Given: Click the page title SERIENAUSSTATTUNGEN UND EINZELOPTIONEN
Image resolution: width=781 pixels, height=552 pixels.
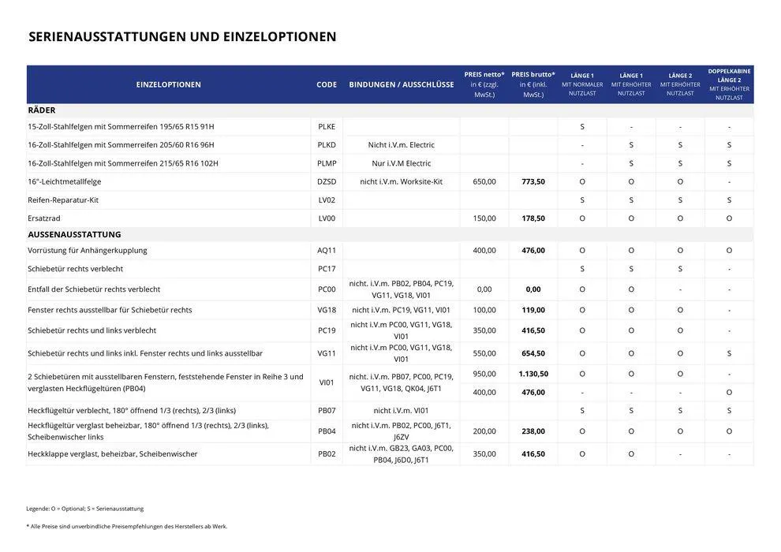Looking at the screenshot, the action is pyautogui.click(x=182, y=37).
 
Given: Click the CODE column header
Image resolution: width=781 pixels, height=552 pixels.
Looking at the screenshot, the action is pyautogui.click(x=327, y=84).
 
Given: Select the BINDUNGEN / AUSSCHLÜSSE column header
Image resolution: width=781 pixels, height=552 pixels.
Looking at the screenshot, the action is pyautogui.click(x=402, y=84).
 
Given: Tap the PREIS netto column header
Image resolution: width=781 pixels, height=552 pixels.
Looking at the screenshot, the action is pyautogui.click(x=484, y=84).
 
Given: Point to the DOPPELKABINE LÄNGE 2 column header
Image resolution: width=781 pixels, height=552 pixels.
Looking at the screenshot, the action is pyautogui.click(x=729, y=84).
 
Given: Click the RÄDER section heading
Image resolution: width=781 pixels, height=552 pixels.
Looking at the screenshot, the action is pyautogui.click(x=42, y=110).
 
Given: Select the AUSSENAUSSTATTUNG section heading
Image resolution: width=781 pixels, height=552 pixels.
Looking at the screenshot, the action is pyautogui.click(x=74, y=234).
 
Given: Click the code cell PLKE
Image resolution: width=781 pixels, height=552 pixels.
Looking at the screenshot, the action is pyautogui.click(x=327, y=127).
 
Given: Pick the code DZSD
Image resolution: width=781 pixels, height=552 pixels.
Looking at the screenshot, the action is pyautogui.click(x=327, y=181).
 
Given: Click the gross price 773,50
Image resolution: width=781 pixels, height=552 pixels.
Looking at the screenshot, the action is pyautogui.click(x=533, y=181).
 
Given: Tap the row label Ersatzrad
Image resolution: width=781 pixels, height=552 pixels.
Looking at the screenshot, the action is pyautogui.click(x=44, y=218).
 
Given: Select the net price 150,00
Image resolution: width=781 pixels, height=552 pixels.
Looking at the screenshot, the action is pyautogui.click(x=484, y=218).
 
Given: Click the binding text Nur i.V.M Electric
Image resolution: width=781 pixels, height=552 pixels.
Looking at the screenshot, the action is pyautogui.click(x=402, y=163).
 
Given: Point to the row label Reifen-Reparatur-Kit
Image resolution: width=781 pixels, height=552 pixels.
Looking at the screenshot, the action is pyautogui.click(x=63, y=200).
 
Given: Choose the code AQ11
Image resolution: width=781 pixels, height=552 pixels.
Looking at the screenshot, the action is pyautogui.click(x=327, y=251).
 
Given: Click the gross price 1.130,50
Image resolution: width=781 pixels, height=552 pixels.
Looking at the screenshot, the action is pyautogui.click(x=533, y=374).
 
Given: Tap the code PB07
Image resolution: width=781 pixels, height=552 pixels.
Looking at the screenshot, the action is pyautogui.click(x=327, y=411).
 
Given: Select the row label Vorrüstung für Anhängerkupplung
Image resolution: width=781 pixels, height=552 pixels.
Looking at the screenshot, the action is pyautogui.click(x=88, y=251).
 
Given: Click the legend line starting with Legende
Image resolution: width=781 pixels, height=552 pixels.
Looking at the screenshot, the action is pyautogui.click(x=85, y=509).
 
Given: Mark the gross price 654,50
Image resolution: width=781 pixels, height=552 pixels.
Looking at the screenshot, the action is pyautogui.click(x=533, y=353).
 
